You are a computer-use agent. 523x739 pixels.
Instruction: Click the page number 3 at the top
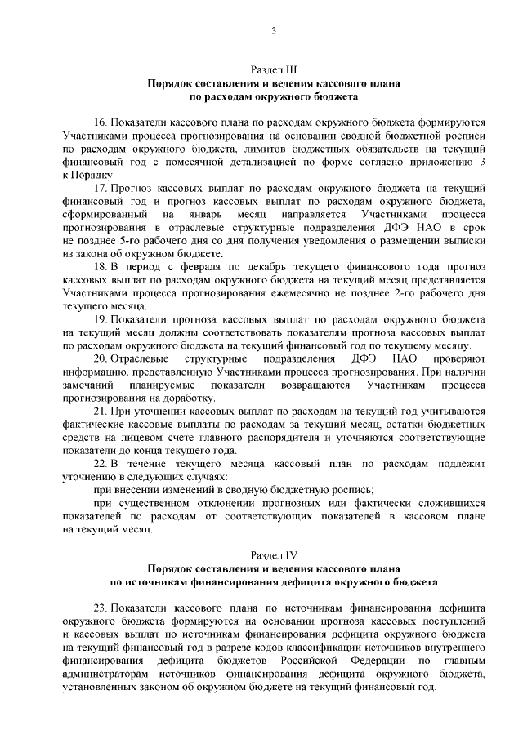click(x=274, y=31)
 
